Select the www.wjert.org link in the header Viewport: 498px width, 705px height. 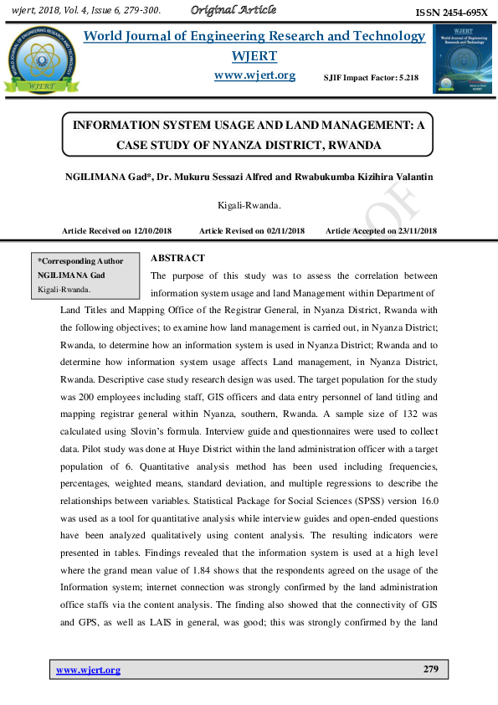(254, 75)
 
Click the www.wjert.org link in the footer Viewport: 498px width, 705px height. (88, 670)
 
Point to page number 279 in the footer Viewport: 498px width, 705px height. (431, 670)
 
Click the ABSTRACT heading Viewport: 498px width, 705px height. (178, 258)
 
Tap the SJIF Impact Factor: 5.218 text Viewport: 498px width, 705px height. (371, 78)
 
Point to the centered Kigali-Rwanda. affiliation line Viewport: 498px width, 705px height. (249, 204)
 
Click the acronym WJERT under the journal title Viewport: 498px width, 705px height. (254, 55)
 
